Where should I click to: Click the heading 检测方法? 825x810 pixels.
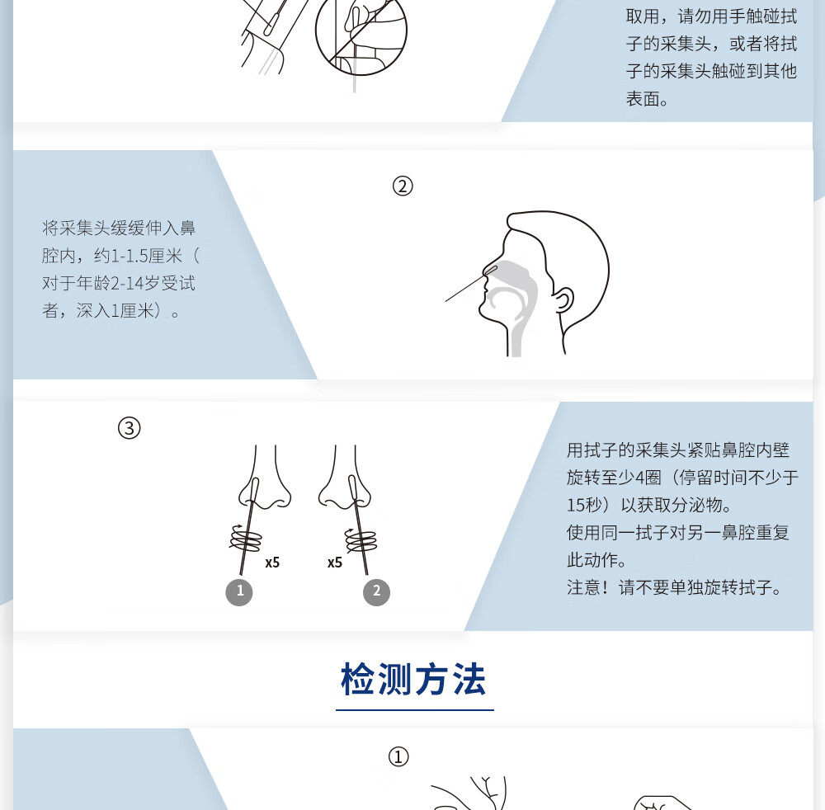tap(413, 679)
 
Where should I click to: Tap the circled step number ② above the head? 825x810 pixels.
tap(402, 186)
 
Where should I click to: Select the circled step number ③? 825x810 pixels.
tap(130, 429)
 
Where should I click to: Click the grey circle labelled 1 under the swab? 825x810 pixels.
tap(240, 591)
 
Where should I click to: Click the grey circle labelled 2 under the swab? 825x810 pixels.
tap(376, 591)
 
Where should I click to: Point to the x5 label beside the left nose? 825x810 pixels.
tap(272, 563)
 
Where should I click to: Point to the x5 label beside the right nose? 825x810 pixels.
tap(334, 563)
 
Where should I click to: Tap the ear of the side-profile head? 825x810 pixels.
tap(564, 300)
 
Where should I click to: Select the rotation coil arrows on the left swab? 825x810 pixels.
tap(245, 539)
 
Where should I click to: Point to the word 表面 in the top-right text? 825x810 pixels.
tap(644, 99)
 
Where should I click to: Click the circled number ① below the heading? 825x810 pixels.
tap(398, 757)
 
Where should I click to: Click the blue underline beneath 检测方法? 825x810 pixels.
tap(414, 709)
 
